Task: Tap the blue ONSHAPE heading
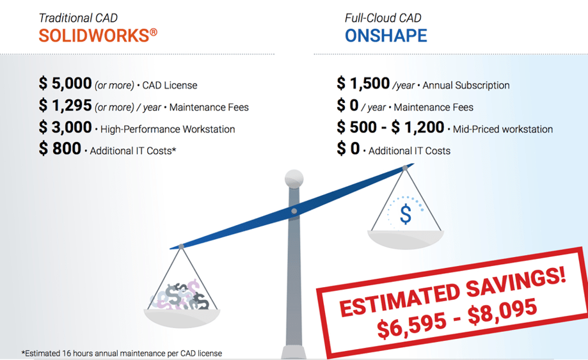click(386, 36)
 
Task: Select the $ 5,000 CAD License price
click(65, 83)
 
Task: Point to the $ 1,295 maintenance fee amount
click(65, 106)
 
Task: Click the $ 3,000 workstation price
click(65, 127)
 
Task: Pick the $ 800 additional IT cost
click(60, 149)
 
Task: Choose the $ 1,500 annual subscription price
click(363, 83)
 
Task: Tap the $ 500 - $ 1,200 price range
click(390, 127)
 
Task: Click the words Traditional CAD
click(78, 18)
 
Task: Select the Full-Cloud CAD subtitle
click(383, 18)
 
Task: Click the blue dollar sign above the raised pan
click(406, 214)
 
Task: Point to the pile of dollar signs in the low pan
click(180, 295)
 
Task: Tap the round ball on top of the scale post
click(294, 178)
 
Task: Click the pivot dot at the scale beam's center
click(294, 211)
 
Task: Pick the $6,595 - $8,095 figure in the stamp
click(457, 318)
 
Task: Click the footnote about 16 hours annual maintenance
click(122, 353)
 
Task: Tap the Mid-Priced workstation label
click(503, 129)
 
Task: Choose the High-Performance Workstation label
click(168, 129)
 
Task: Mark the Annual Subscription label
click(466, 86)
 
